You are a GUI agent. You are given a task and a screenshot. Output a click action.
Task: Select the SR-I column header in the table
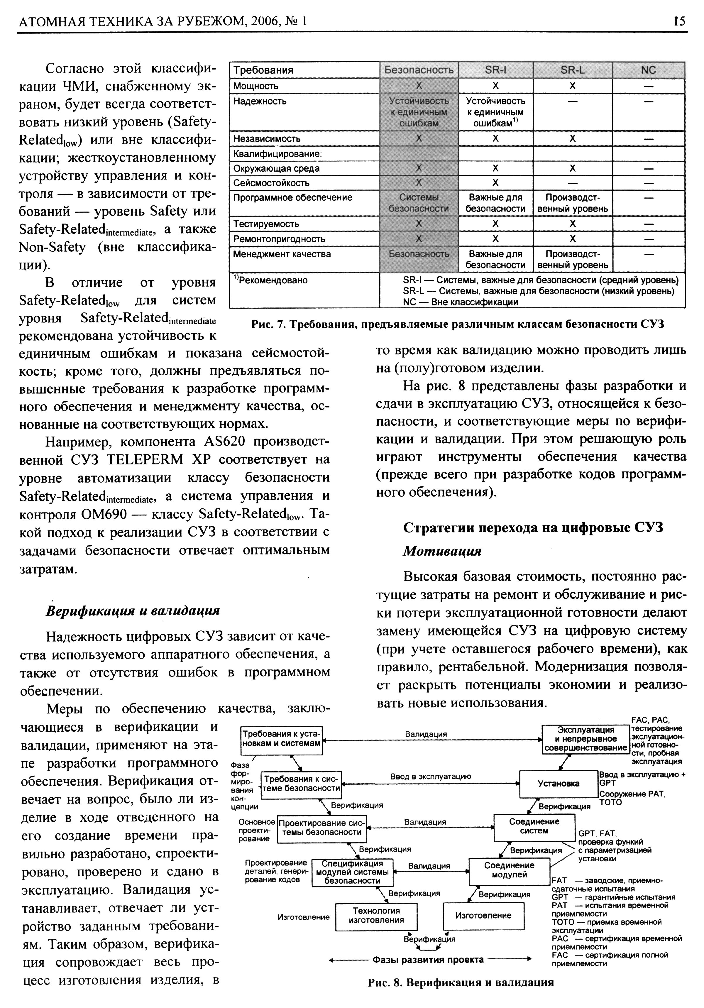click(495, 70)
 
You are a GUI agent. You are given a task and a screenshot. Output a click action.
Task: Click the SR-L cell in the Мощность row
click(572, 86)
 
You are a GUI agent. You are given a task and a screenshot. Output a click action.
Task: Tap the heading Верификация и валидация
click(133, 611)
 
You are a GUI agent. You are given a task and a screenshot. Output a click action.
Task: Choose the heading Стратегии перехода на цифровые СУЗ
click(532, 527)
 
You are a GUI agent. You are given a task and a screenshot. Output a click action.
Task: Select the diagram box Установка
click(558, 784)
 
